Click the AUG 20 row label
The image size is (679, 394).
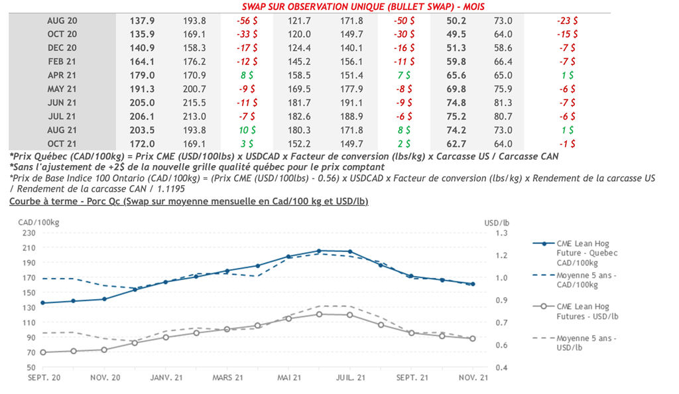pyautogui.click(x=62, y=21)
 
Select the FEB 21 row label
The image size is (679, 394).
pyautogui.click(x=62, y=61)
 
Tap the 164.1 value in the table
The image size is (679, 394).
pyautogui.click(x=141, y=61)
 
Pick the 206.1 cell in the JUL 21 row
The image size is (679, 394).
pyautogui.click(x=141, y=115)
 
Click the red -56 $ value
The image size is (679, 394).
pyautogui.click(x=247, y=21)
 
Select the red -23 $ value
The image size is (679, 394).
pyautogui.click(x=566, y=21)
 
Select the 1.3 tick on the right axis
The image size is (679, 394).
pyautogui.click(x=502, y=232)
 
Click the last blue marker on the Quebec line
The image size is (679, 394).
pyautogui.click(x=473, y=284)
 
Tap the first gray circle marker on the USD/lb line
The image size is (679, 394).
pyautogui.click(x=43, y=352)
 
